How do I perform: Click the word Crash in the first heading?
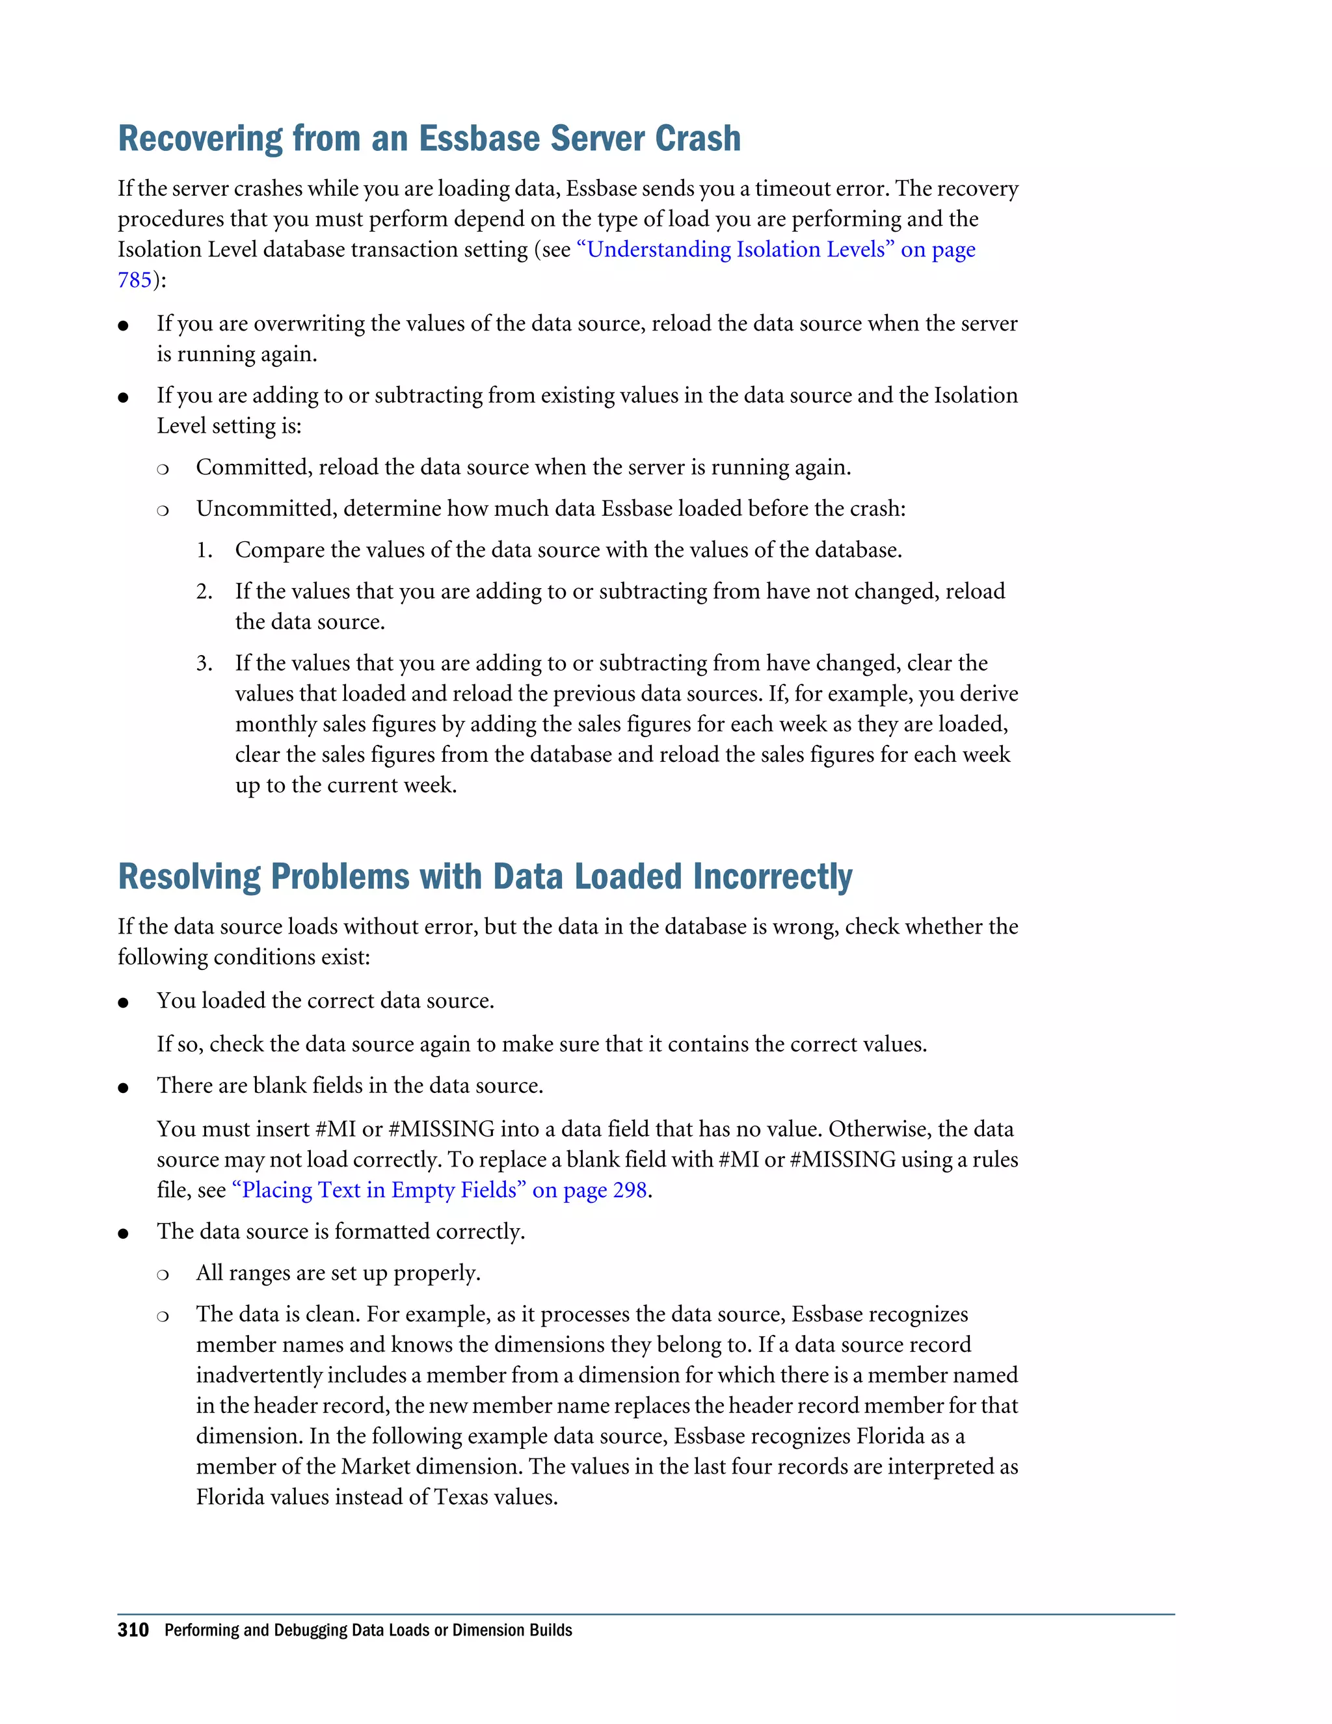[x=698, y=139]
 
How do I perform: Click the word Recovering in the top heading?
[x=200, y=139]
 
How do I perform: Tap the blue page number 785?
[x=134, y=280]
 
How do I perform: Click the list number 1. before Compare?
[x=204, y=550]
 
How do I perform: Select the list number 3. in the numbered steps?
[x=204, y=663]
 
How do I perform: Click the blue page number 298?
[x=630, y=1191]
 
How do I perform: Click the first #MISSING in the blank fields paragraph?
[x=441, y=1129]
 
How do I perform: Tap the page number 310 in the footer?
[x=133, y=1630]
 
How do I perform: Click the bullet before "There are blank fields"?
[x=123, y=1088]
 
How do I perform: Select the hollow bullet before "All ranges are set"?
[x=163, y=1274]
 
